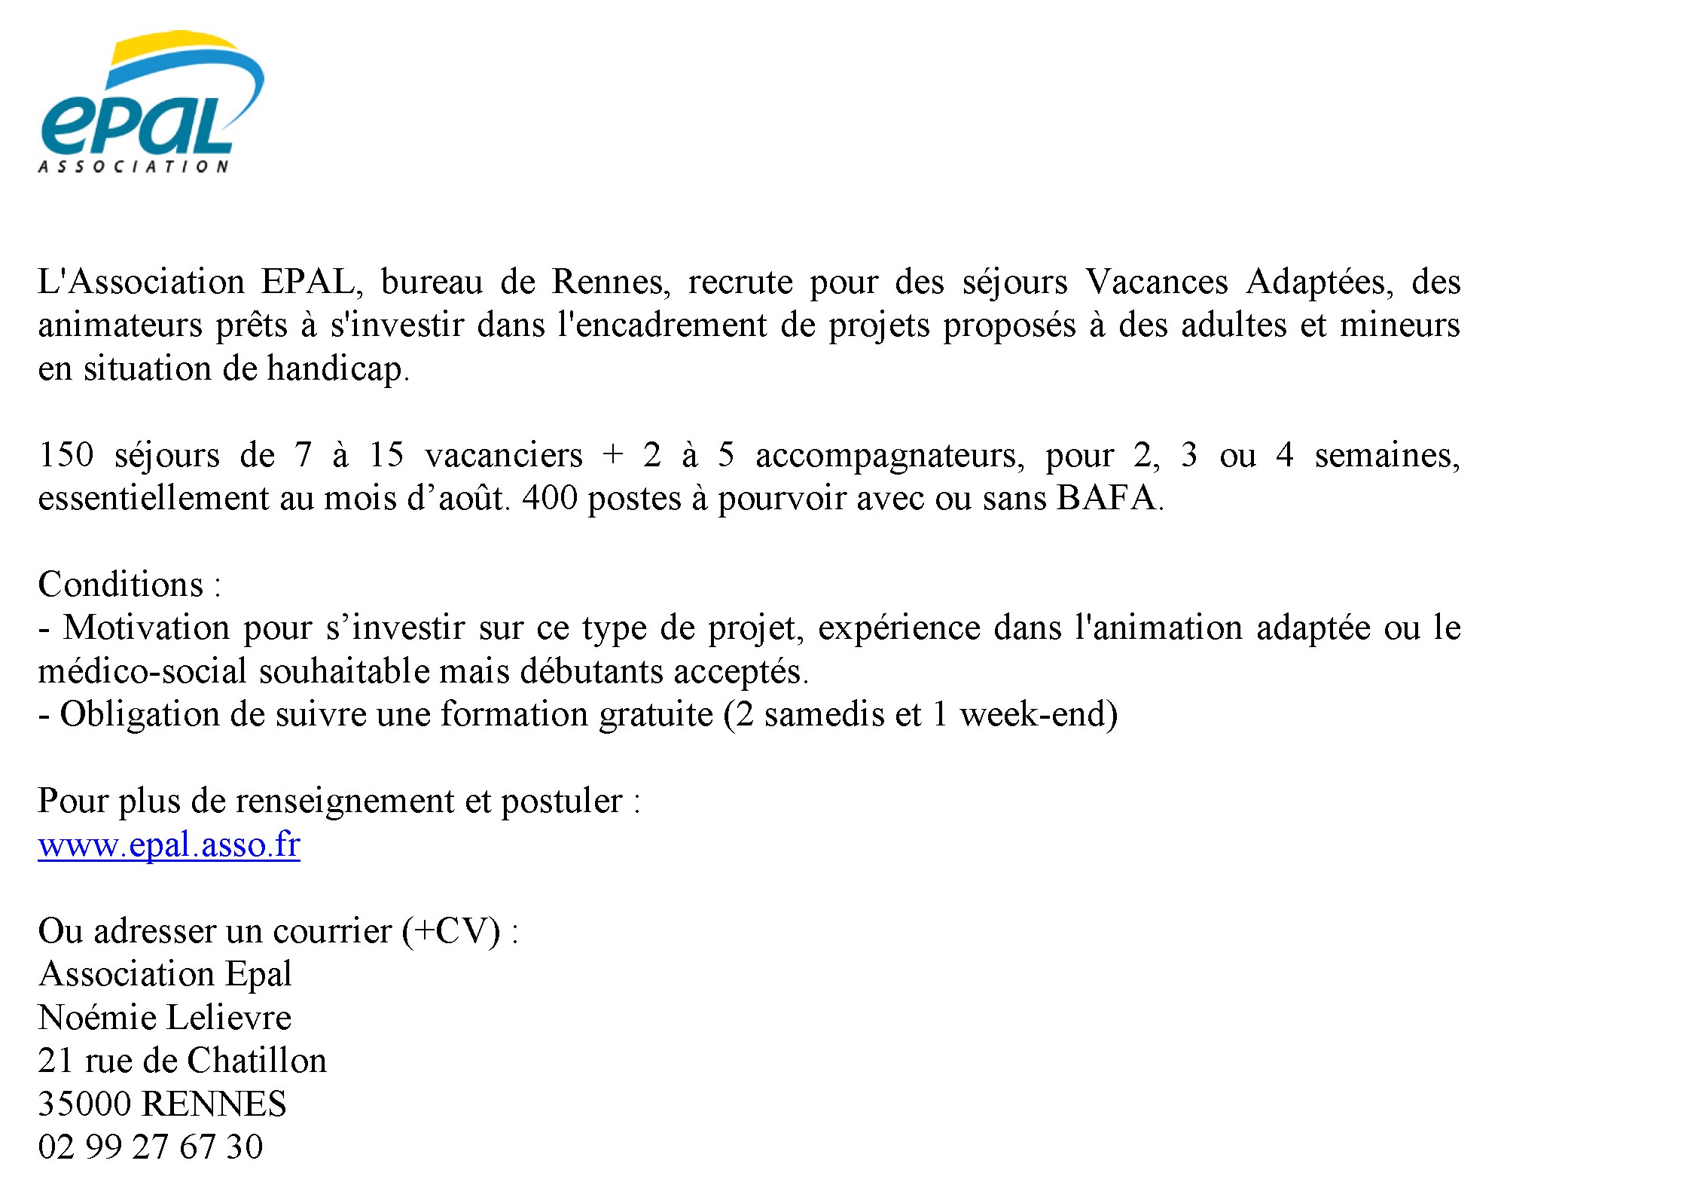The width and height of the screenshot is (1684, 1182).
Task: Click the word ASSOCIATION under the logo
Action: click(133, 166)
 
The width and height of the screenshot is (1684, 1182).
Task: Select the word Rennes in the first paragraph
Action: click(609, 282)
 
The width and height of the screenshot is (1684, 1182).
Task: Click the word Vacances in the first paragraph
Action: click(1156, 282)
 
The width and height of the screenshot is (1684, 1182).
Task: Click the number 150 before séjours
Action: click(66, 455)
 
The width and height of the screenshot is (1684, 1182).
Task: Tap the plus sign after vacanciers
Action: click(613, 455)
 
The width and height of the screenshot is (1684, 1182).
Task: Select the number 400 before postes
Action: click(549, 499)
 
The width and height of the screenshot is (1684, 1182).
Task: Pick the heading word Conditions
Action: click(121, 585)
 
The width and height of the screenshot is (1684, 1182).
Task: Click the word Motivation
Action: click(146, 628)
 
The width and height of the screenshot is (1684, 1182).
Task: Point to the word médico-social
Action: click(142, 671)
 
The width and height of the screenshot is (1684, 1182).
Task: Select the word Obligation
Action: click(139, 715)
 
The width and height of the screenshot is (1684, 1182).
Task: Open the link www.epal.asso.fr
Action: click(169, 845)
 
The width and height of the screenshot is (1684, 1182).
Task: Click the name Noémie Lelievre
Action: click(164, 1018)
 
